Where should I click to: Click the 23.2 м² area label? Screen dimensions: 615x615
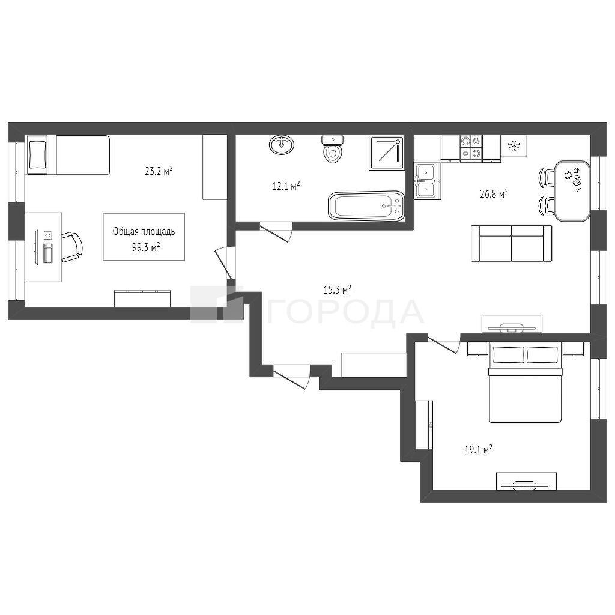coord(159,171)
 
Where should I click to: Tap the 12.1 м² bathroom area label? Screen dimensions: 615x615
coord(286,186)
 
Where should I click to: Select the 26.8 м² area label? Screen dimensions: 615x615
coord(494,193)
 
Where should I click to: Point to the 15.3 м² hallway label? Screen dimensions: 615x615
coord(337,290)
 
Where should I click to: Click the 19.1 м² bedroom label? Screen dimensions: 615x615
coord(479,449)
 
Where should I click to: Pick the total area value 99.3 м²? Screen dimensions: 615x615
coord(146,247)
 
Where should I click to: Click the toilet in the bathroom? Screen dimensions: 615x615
coord(333,149)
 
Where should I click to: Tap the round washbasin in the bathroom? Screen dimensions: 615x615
coord(282,144)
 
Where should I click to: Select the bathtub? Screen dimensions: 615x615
coord(366,206)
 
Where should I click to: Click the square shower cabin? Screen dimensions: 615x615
coord(386,153)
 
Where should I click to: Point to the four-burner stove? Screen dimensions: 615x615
coord(471,148)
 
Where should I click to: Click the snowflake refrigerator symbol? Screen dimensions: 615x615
coord(514,146)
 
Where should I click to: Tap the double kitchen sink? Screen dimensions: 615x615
coord(426,181)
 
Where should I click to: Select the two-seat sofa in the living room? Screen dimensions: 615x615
coord(512,243)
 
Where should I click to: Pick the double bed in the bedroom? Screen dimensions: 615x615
coord(525,382)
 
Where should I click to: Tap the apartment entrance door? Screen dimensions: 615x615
coord(291,377)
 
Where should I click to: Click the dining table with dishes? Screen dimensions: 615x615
coord(572,190)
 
